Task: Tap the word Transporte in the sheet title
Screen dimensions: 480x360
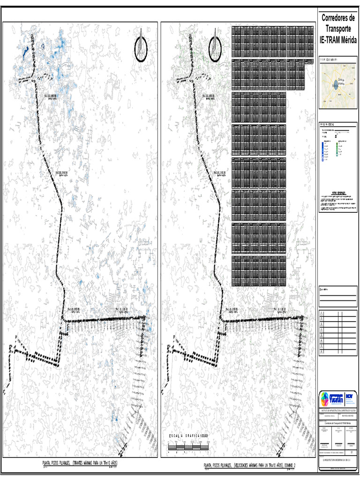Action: point(337,29)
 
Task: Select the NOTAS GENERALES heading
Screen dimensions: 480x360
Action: point(338,193)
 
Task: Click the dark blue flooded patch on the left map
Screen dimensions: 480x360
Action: point(24,51)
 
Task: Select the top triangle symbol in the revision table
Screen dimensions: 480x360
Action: point(321,313)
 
